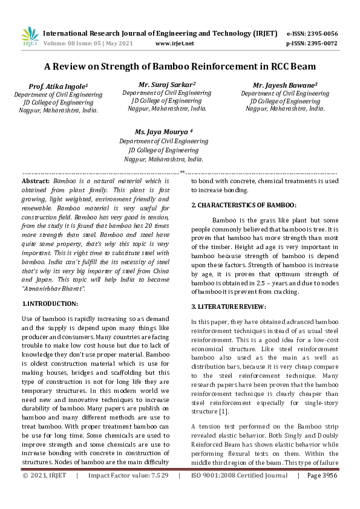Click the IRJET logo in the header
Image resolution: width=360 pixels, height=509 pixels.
30,37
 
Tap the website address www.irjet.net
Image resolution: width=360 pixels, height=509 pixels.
174,44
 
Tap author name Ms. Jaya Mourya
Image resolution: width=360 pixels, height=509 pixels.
163,131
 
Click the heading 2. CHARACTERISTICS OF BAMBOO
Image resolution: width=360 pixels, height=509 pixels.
243,206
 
